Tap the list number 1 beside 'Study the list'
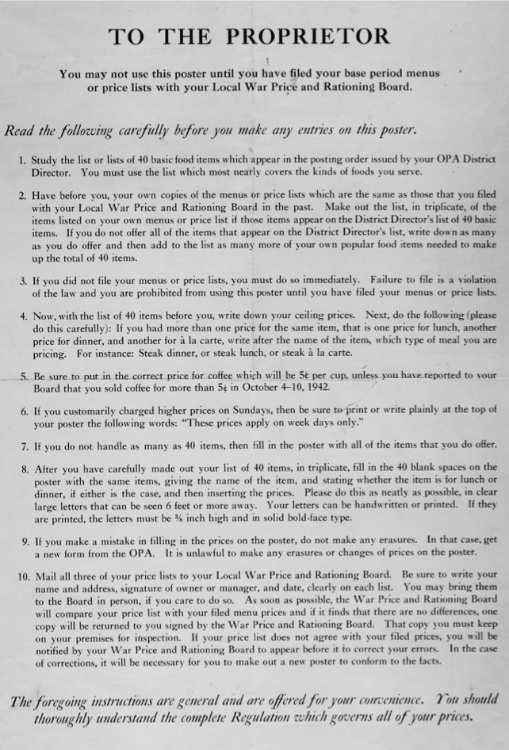22,159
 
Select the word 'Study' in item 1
48,159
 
